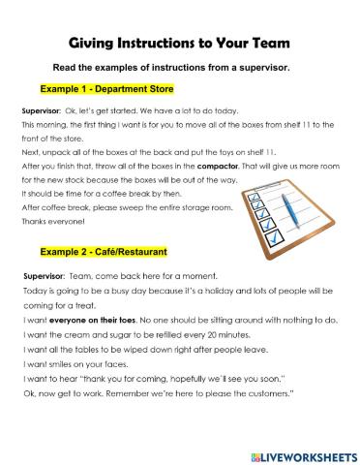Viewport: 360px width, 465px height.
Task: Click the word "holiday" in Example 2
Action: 207,292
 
